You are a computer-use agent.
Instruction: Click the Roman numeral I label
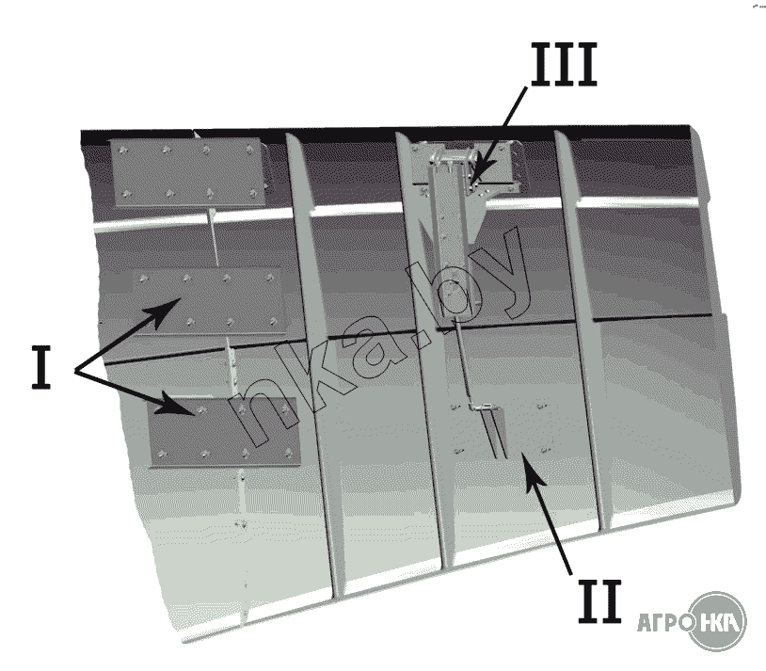coord(41,367)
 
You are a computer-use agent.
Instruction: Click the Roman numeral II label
coord(599,601)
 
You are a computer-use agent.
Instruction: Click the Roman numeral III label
coord(564,65)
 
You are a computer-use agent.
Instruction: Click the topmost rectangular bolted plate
coord(188,171)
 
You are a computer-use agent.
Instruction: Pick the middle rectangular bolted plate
coord(208,301)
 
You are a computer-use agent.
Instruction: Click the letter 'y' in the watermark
coord(504,274)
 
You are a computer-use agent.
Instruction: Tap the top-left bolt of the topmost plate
coord(122,150)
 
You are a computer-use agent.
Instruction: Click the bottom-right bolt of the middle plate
coord(274,323)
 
